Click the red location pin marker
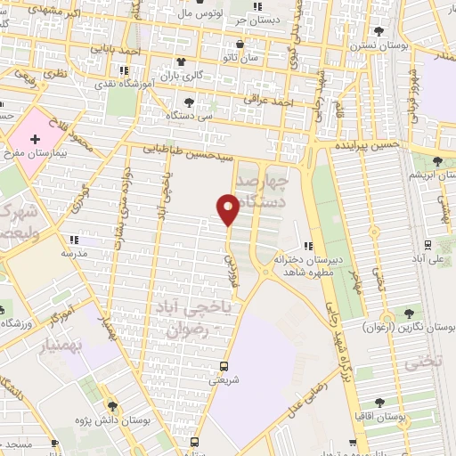(228, 208)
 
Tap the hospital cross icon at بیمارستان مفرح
(36, 140)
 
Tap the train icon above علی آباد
(428, 244)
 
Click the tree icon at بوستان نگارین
(409, 313)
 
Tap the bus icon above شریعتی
(224, 366)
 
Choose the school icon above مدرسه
(74, 240)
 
